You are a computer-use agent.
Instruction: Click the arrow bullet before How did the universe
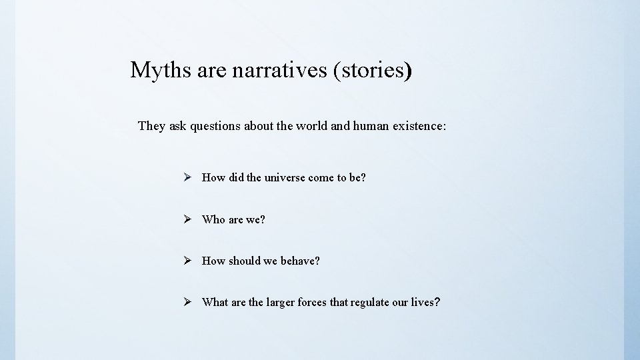tap(189, 177)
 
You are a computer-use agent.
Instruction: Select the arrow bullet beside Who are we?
tap(189, 219)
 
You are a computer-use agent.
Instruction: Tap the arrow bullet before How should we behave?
tap(189, 261)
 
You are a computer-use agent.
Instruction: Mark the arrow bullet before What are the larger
tap(189, 302)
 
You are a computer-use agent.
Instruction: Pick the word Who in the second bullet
tap(214, 219)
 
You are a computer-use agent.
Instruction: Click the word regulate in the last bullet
tap(369, 303)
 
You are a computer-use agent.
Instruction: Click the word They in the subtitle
tap(151, 126)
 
